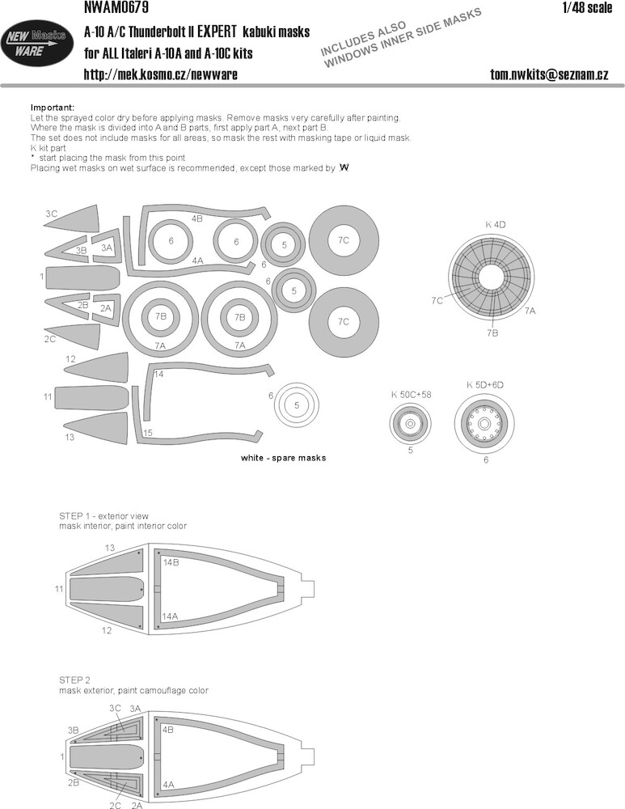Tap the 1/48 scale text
[587, 8]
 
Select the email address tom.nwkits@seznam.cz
[549, 74]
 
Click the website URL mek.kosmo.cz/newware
[160, 74]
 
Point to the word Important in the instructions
[53, 108]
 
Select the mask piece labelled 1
[82, 277]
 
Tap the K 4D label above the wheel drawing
[495, 224]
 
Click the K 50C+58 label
[411, 395]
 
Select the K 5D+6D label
[485, 385]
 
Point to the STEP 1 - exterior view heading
[103, 516]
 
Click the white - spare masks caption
[283, 458]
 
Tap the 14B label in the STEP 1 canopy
[171, 562]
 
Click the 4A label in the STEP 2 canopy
[168, 786]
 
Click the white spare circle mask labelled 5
[297, 405]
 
